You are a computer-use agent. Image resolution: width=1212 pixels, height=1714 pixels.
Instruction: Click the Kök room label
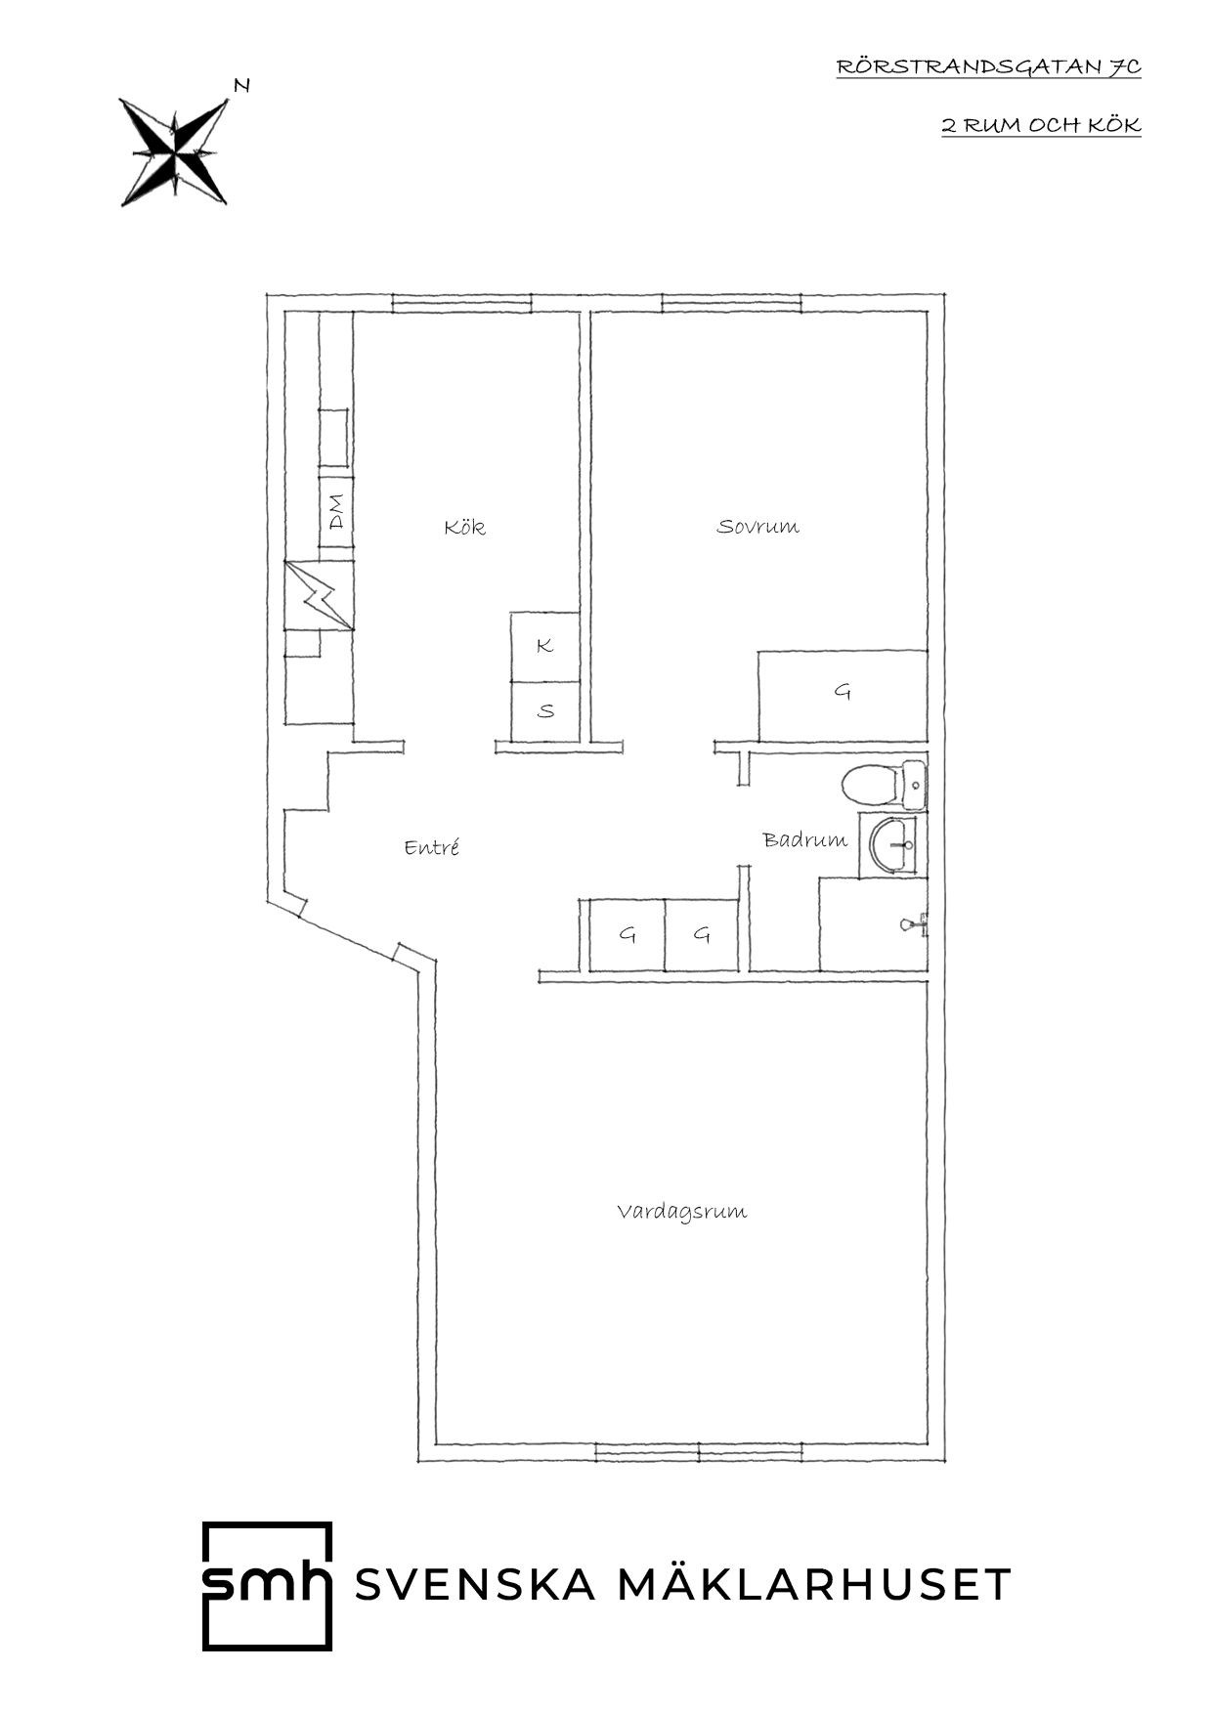tap(464, 528)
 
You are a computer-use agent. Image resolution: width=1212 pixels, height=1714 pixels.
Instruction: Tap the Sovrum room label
tap(757, 527)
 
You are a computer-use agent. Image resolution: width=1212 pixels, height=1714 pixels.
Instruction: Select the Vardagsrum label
tap(682, 1212)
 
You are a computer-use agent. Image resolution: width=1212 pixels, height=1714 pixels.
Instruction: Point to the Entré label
tap(432, 847)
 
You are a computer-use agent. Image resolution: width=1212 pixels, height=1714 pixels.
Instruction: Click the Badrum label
tap(805, 839)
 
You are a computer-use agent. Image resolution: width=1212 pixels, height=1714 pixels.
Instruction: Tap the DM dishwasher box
tap(335, 513)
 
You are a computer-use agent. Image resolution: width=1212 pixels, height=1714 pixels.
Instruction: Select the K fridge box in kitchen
tap(545, 646)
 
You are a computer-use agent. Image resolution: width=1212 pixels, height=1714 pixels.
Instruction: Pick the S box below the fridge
tap(545, 710)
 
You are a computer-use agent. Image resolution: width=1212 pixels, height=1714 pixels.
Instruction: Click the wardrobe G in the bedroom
tap(843, 696)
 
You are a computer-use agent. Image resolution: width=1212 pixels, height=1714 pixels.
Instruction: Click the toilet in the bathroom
tap(882, 785)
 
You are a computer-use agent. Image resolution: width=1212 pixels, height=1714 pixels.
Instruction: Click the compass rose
tap(174, 151)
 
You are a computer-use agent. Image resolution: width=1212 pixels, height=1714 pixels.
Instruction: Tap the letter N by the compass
tap(241, 86)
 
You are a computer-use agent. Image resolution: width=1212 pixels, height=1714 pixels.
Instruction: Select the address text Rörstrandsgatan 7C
tap(988, 66)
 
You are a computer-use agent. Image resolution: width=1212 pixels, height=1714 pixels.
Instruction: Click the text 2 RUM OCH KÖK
tap(1041, 125)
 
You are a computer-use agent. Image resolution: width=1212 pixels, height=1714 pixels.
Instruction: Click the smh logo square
tap(267, 1586)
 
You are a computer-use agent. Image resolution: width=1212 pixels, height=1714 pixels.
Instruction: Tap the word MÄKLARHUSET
tap(814, 1584)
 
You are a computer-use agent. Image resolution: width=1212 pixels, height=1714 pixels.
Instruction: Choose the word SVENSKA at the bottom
tap(475, 1585)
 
